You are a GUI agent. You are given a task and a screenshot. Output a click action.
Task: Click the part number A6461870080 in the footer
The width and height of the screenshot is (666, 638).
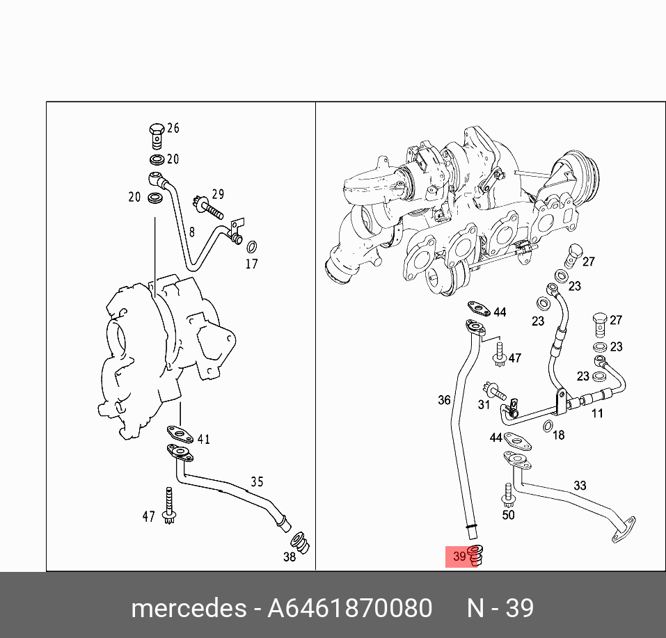(x=349, y=608)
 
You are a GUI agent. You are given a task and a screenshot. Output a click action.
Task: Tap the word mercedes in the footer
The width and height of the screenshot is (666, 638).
(x=189, y=608)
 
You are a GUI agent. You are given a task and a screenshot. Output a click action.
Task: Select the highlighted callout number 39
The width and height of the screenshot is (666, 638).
(x=459, y=556)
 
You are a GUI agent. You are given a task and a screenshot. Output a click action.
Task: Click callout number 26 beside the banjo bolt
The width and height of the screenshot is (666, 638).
(x=173, y=128)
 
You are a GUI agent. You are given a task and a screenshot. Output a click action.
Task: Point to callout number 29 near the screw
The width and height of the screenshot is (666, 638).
(x=218, y=194)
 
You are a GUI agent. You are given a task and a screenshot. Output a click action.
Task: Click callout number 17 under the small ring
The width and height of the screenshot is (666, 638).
(x=252, y=264)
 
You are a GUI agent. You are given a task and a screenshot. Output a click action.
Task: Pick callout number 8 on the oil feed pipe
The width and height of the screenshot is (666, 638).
(x=192, y=232)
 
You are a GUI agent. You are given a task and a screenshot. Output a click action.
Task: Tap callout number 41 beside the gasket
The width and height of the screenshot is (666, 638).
(x=204, y=439)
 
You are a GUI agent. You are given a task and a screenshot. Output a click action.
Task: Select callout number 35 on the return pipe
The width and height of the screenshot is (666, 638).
(x=257, y=481)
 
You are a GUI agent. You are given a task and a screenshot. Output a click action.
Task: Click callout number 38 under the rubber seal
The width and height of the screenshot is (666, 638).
(x=290, y=557)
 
